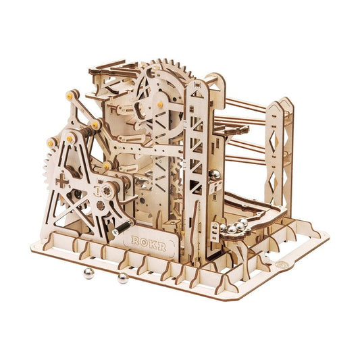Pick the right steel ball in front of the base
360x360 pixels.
click(x=123, y=277)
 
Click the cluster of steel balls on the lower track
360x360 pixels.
click(x=238, y=228)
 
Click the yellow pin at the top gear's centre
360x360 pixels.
click(x=159, y=105)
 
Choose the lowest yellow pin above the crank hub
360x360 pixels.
click(x=106, y=165)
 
